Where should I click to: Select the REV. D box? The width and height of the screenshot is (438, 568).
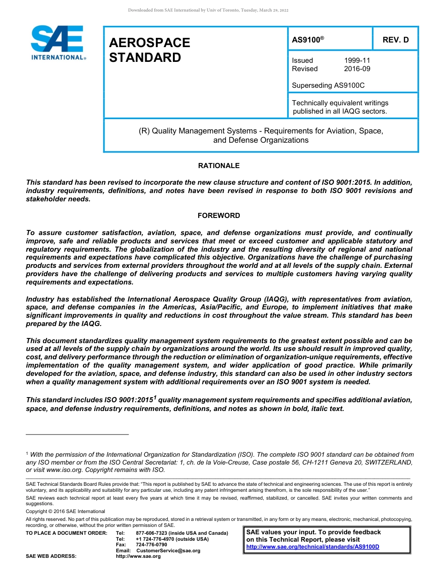(x=395, y=40)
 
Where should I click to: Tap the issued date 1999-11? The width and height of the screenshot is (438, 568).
(x=357, y=60)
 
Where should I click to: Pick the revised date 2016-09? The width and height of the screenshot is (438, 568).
(x=357, y=69)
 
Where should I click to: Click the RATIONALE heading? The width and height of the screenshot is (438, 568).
(x=219, y=165)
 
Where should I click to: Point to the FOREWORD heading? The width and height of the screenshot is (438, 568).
(x=219, y=215)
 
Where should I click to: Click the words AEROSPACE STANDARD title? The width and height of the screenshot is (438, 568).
(x=149, y=50)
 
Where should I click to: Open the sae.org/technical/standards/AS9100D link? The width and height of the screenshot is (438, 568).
(x=313, y=547)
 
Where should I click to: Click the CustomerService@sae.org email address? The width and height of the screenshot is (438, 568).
(x=168, y=550)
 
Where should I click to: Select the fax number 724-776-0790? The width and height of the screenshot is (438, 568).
(x=152, y=544)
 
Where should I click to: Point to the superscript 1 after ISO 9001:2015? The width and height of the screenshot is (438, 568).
(x=155, y=397)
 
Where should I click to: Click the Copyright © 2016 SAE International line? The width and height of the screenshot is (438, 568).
(x=65, y=511)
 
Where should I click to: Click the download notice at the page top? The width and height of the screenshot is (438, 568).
(x=208, y=10)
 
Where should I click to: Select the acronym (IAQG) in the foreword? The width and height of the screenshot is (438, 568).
(x=265, y=299)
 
